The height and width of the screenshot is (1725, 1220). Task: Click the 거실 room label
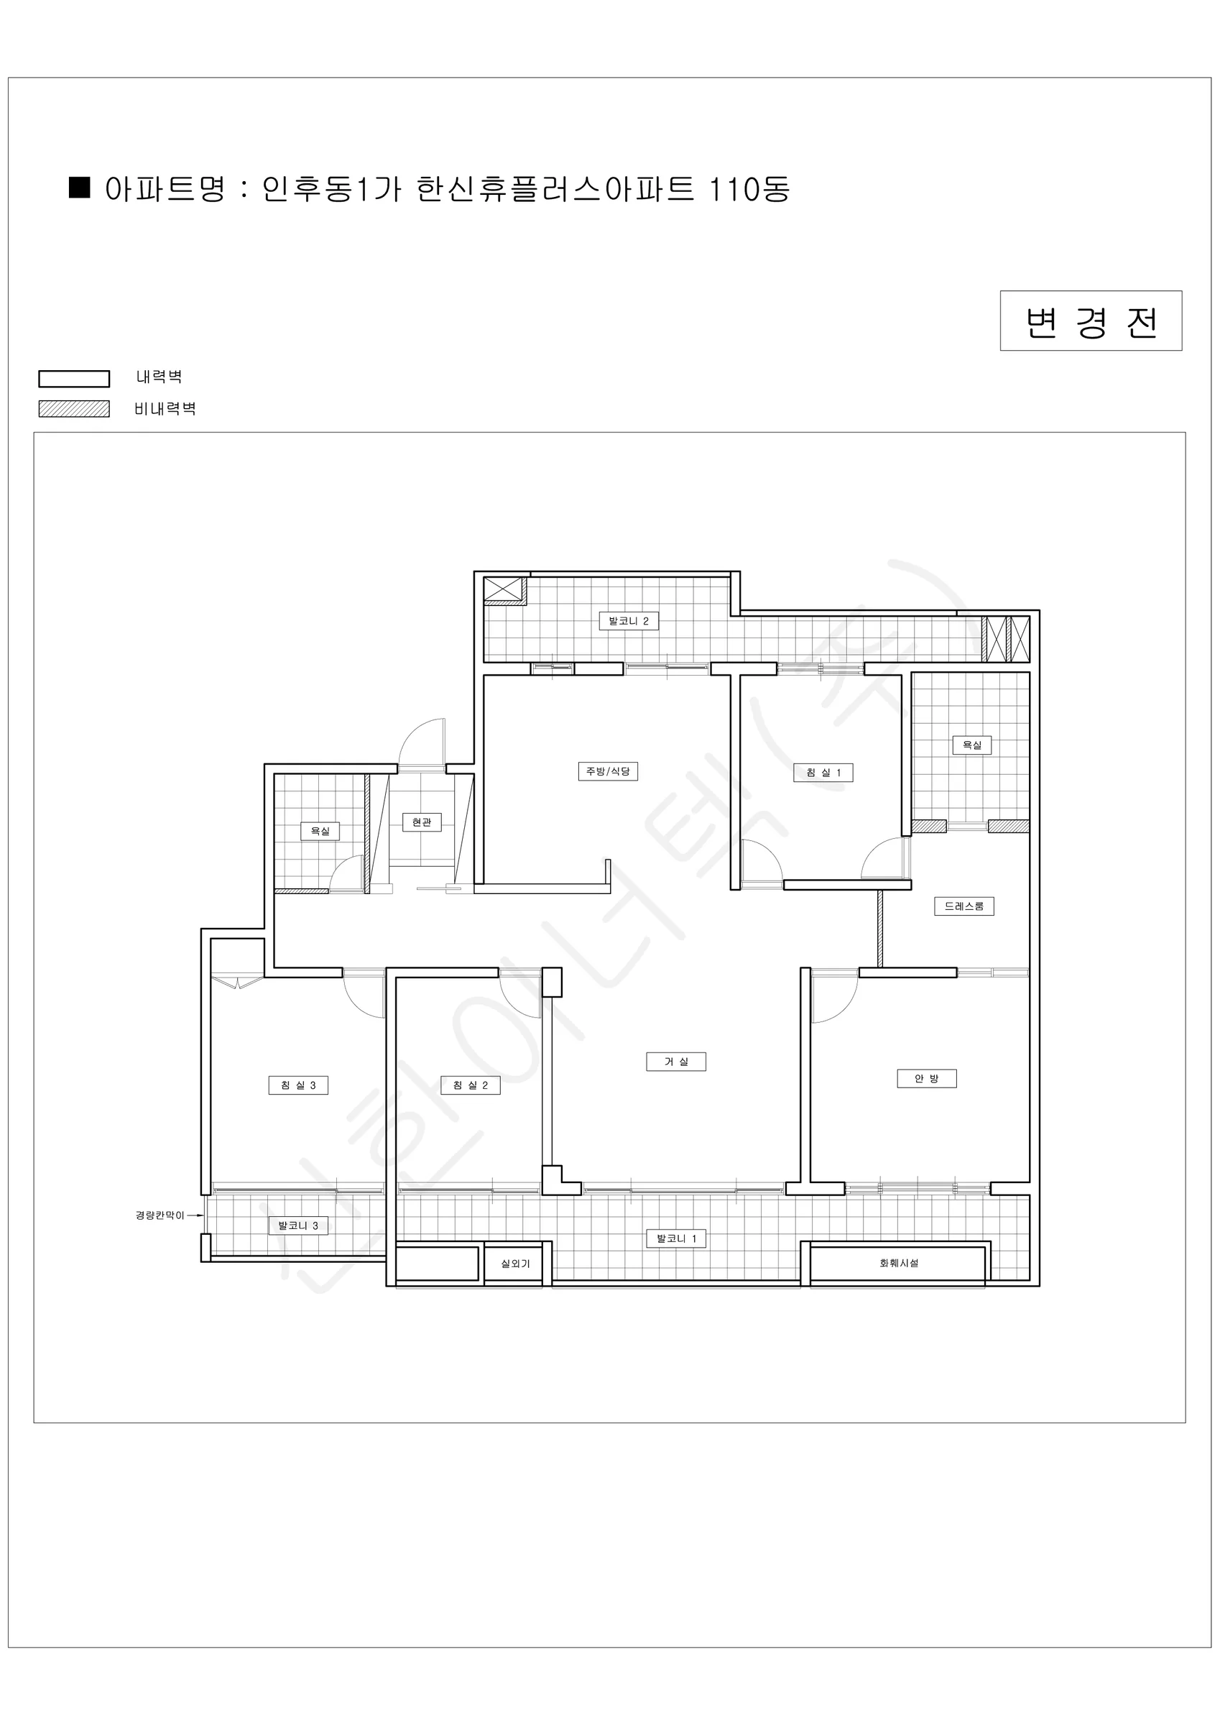tap(675, 1062)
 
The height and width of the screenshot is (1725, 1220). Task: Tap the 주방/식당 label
tap(608, 772)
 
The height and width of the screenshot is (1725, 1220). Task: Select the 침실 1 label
tap(823, 773)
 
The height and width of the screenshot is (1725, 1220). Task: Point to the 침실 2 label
tap(471, 1085)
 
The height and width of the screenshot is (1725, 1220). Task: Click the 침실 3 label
tap(298, 1085)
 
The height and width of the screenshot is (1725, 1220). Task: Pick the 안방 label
tap(926, 1079)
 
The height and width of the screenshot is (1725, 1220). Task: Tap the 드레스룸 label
tap(963, 906)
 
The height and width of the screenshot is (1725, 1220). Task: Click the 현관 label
tap(422, 822)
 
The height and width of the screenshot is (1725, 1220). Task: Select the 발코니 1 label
tap(676, 1238)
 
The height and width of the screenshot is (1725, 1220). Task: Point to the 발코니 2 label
tap(628, 620)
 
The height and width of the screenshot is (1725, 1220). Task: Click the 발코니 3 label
tap(298, 1225)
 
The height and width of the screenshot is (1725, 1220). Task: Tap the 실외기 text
tap(515, 1264)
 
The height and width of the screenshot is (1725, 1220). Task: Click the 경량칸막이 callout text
tap(160, 1215)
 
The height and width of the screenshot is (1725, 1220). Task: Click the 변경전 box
tap(1091, 321)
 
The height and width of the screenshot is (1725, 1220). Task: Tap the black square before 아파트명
tap(80, 187)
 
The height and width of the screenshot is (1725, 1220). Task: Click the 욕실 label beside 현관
tap(320, 831)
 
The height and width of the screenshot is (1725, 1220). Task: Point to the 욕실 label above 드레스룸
tap(971, 745)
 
